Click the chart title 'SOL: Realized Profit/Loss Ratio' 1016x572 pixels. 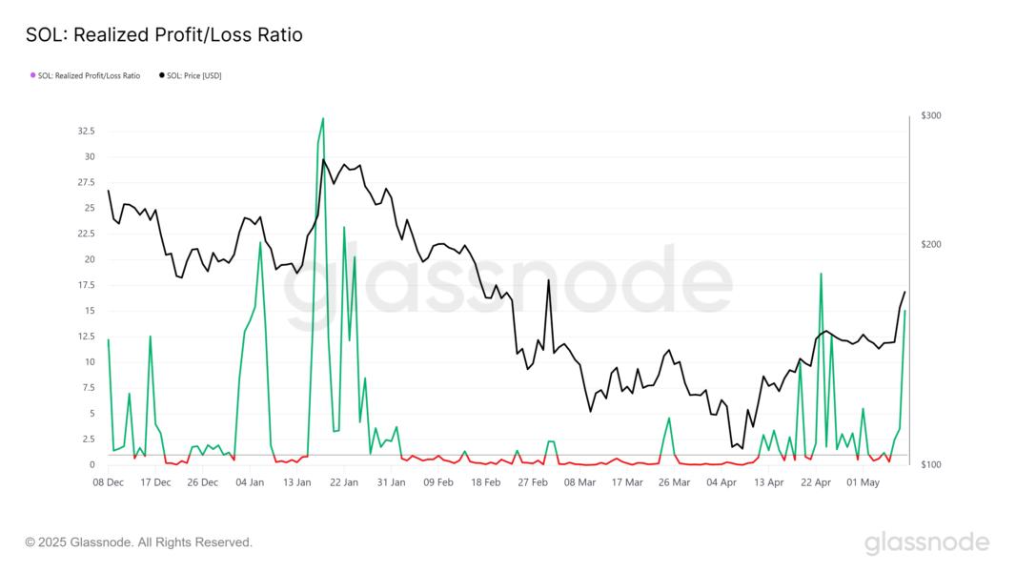coord(163,35)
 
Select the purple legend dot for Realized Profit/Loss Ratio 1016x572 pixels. coord(32,75)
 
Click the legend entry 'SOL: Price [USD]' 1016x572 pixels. coord(193,75)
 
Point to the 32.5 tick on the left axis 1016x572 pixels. coord(84,132)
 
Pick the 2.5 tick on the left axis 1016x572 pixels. coord(86,439)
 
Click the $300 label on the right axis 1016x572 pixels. coord(931,116)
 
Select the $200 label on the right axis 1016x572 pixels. coord(931,245)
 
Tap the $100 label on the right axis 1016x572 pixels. coord(931,464)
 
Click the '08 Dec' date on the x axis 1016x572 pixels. coord(109,482)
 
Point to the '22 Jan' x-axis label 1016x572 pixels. coord(343,482)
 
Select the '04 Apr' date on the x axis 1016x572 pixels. coord(721,482)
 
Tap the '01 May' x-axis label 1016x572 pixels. coord(864,482)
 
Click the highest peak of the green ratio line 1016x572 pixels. coord(323,119)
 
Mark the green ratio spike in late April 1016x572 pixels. coord(821,275)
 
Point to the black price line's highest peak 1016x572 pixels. coord(323,160)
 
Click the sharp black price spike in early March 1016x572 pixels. coord(548,280)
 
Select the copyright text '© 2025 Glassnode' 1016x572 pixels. coord(138,542)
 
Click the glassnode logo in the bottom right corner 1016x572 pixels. coord(926,543)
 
